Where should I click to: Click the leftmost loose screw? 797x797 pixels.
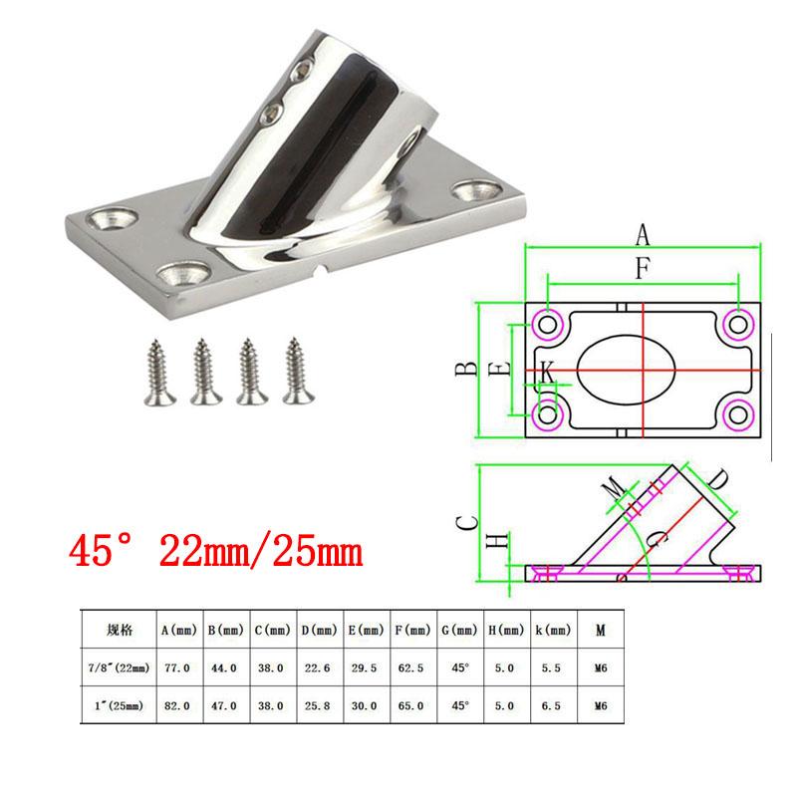point(159,373)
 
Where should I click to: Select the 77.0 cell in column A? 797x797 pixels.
point(177,667)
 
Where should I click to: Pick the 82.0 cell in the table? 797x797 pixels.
point(177,706)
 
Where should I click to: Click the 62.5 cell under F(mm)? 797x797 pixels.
point(410,667)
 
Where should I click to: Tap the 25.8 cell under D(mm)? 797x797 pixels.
point(317,706)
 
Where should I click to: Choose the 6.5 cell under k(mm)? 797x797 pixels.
point(551,706)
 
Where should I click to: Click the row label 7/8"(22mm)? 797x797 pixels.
point(119,667)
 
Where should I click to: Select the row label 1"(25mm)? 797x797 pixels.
point(119,706)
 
